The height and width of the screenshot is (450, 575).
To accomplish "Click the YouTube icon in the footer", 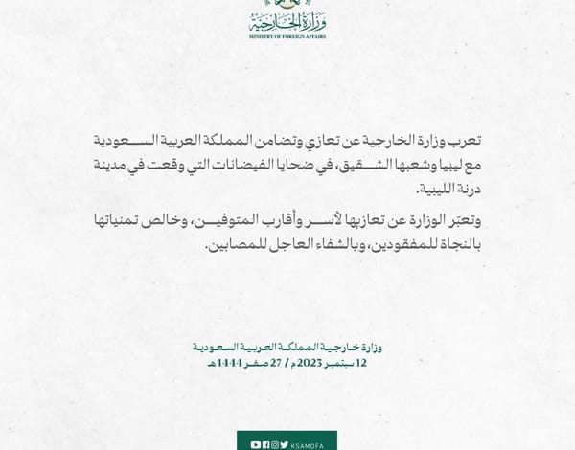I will point(253,444).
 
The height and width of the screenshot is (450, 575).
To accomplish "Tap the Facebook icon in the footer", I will point(263,444).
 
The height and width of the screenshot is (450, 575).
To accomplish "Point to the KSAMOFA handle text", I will point(307,444).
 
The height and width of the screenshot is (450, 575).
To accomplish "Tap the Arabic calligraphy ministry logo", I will point(287,19).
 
